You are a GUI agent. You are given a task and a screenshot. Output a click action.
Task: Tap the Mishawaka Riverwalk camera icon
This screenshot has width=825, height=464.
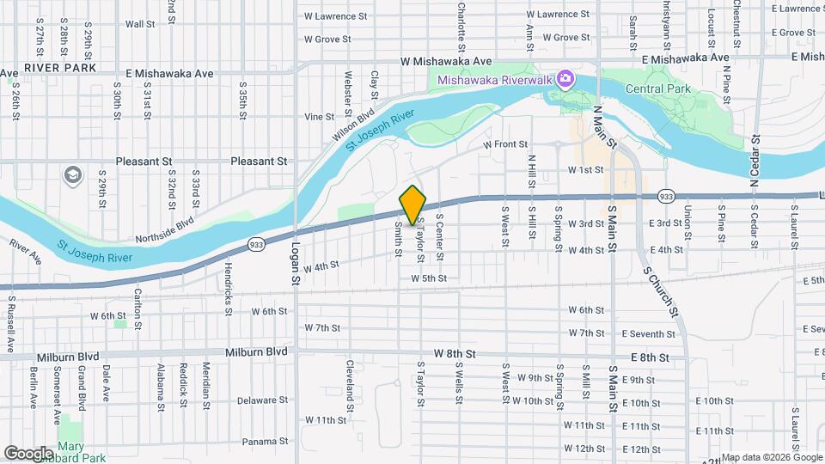coord(565,80)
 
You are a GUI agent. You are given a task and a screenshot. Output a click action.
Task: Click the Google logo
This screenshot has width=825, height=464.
coord(29,453)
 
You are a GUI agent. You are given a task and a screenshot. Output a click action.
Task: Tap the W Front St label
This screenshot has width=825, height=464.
coord(504,145)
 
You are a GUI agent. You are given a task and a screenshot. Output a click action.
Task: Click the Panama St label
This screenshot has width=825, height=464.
coord(263,442)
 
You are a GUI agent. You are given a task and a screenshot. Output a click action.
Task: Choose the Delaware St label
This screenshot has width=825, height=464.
coord(261,400)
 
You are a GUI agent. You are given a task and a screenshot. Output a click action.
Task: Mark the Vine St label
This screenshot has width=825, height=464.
coord(319,117)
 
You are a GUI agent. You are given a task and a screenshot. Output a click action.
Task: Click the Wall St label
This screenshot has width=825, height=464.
coord(139,24)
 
